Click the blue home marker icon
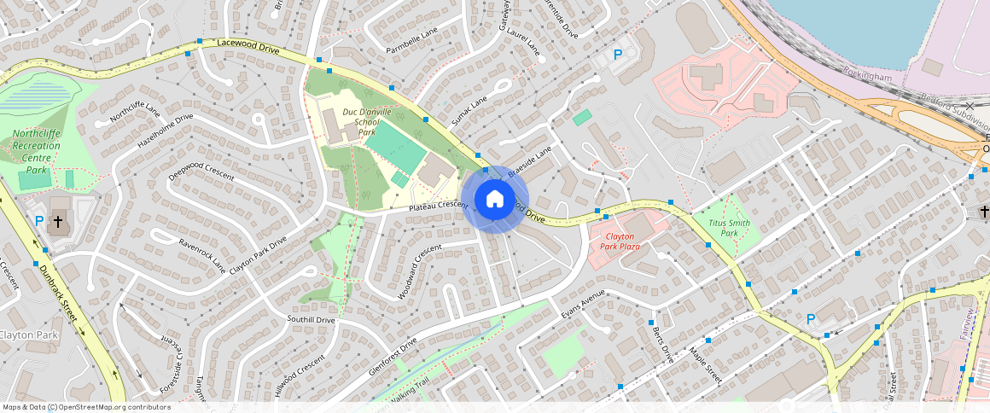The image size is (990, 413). click(x=495, y=199)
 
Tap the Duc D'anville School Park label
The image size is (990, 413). click(x=366, y=122)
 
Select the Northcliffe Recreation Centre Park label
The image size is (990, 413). click(x=36, y=152)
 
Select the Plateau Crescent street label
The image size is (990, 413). click(x=439, y=206)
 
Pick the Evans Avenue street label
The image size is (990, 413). click(x=583, y=304)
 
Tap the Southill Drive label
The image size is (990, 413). click(x=312, y=320)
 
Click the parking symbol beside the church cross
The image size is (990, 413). click(x=39, y=221)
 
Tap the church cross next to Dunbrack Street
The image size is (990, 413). click(x=58, y=221)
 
